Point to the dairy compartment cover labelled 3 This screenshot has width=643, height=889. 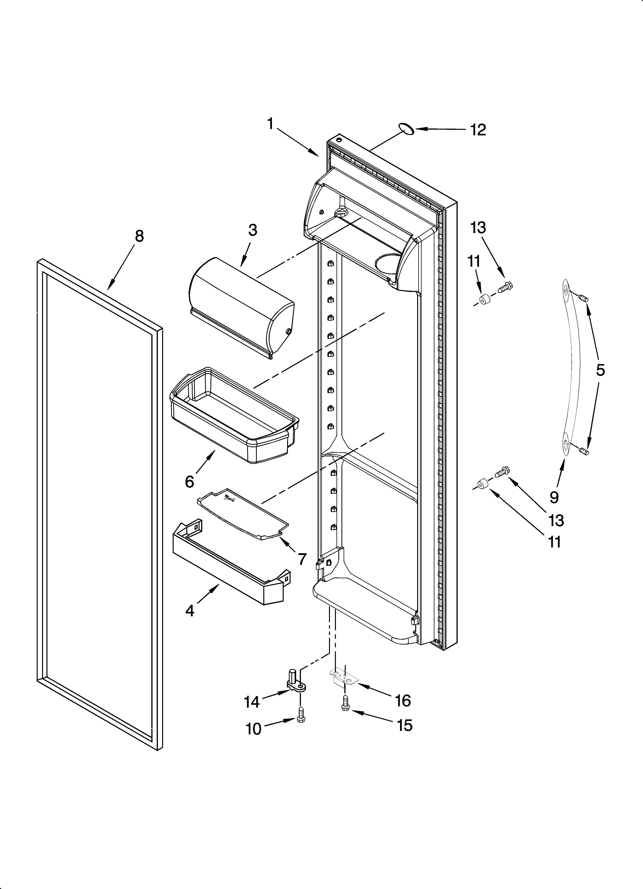tap(241, 306)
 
